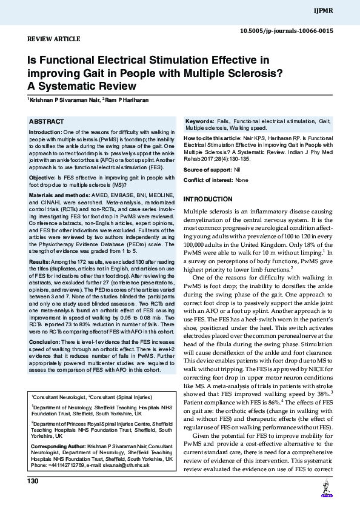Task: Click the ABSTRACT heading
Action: [47, 122]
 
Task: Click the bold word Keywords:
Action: [199, 122]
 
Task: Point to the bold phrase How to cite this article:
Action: [210, 138]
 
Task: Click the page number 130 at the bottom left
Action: [33, 481]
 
